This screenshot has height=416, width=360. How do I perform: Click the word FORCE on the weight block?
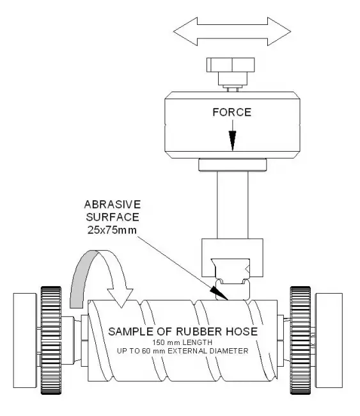point(232,112)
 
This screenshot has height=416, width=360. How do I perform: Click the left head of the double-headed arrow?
point(185,31)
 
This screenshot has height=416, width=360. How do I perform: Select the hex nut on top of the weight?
point(231,65)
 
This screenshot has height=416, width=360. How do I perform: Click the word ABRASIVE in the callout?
point(113,205)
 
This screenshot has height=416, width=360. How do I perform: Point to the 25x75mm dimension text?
point(112,230)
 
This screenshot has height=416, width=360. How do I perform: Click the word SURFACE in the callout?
point(113,218)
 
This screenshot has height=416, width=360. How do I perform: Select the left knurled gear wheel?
point(51,340)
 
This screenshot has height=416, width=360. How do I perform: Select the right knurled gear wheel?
point(300,340)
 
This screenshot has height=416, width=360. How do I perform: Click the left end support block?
point(25,340)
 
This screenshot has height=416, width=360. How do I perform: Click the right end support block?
point(329,340)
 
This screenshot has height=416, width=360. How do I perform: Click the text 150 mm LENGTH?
point(182,342)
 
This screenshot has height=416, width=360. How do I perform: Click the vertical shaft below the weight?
point(233,205)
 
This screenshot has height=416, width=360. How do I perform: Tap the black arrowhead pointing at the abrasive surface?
point(219,293)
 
